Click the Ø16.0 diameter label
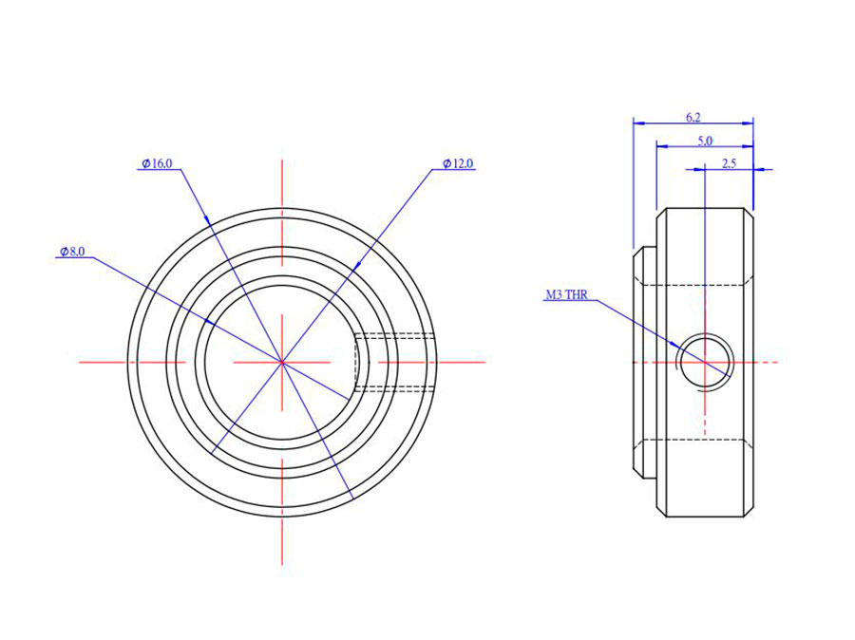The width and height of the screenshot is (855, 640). pos(157,164)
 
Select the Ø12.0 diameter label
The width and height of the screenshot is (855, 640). pos(458,164)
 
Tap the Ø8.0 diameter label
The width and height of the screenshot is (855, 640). pos(72,252)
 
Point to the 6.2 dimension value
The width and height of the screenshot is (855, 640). pos(693,117)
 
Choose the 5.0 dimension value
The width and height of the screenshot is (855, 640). pos(705,141)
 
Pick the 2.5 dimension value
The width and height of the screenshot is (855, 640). pos(729,163)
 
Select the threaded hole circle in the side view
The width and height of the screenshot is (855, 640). pos(705,362)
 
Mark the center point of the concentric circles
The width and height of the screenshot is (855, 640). pos(282,362)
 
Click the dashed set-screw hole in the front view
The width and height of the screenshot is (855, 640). pos(394,362)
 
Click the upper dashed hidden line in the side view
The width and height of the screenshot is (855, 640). pos(703,284)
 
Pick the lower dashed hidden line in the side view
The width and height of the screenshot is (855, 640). pos(703,440)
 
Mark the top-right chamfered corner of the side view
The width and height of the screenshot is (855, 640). pos(748,213)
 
